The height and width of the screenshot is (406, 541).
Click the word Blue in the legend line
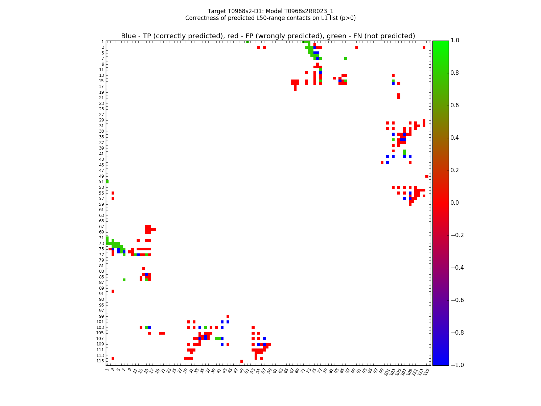(128, 36)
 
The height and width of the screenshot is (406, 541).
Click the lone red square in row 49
(427, 176)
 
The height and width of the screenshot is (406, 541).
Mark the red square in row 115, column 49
(242, 361)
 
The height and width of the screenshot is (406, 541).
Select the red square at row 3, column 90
(357, 47)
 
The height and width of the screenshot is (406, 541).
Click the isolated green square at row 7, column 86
(346, 59)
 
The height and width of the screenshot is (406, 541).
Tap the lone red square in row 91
(113, 291)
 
